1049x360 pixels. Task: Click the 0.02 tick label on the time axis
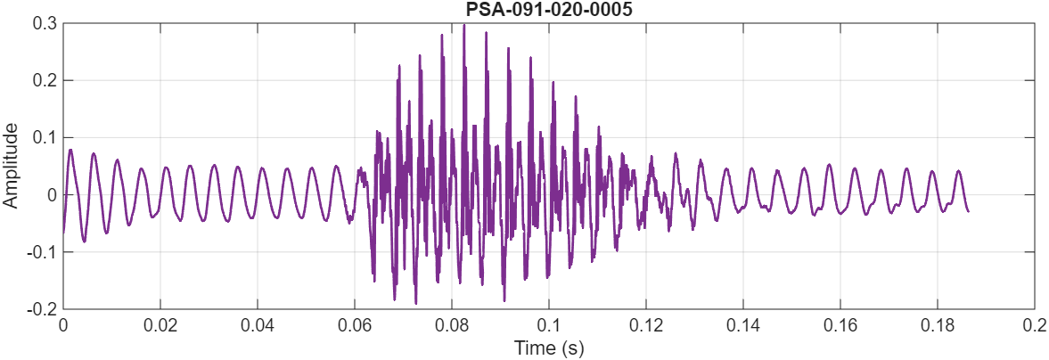(x=160, y=326)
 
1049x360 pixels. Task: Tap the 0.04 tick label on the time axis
(x=258, y=326)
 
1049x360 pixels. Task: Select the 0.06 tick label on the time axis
(x=355, y=326)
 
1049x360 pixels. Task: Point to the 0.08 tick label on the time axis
(x=452, y=326)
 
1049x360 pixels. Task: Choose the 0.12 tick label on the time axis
(x=646, y=326)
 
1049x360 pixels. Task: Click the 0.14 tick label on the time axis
(x=743, y=326)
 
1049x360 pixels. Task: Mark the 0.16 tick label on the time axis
(x=840, y=326)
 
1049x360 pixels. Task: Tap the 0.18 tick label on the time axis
(x=938, y=326)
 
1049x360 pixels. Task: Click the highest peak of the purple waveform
(x=464, y=25)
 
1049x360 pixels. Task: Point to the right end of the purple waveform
(x=969, y=210)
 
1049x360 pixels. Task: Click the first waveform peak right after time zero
(x=70, y=150)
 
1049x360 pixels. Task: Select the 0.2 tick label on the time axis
(x=1034, y=326)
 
